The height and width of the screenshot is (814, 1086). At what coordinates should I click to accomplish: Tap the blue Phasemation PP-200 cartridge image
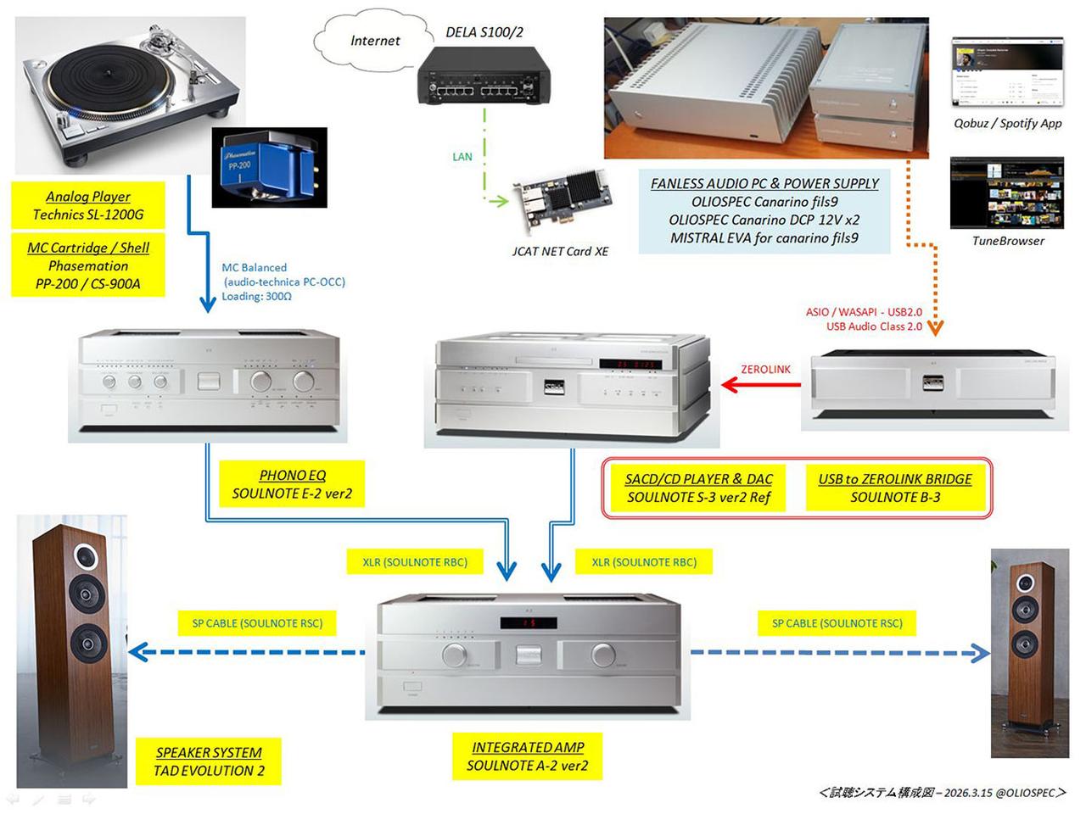tap(269, 167)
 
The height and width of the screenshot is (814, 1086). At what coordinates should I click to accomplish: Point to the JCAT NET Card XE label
tap(560, 251)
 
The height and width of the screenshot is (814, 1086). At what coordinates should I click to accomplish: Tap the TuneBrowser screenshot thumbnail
tap(1007, 192)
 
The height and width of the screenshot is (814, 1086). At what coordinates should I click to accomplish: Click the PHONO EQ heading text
tap(292, 476)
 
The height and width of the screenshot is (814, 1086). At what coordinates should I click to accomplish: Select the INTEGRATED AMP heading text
tap(528, 747)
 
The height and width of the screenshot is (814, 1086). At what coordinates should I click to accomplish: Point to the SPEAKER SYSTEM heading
tap(209, 752)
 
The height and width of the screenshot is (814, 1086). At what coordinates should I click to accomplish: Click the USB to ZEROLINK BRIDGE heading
tap(895, 479)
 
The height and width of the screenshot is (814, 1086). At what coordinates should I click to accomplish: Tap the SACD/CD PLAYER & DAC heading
tap(699, 479)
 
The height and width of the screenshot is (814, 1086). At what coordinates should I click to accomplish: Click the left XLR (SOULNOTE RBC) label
tap(415, 562)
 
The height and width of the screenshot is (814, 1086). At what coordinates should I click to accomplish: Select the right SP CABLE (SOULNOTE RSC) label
tap(837, 623)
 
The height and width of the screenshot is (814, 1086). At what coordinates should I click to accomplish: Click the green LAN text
tap(462, 157)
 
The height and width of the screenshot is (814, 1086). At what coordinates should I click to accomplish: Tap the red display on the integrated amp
tap(528, 623)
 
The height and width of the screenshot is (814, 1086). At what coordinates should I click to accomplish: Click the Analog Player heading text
tap(88, 197)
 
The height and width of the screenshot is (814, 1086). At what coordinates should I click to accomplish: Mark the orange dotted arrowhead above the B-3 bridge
tap(935, 327)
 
